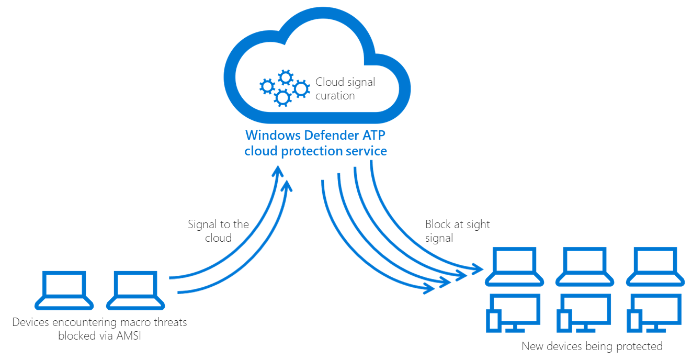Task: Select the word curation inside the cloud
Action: (x=335, y=96)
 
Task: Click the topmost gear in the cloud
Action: (x=285, y=77)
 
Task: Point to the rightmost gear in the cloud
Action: (x=301, y=88)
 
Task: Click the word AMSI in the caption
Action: (x=129, y=336)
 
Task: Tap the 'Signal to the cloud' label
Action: (x=218, y=231)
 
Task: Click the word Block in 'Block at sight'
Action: (x=437, y=224)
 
